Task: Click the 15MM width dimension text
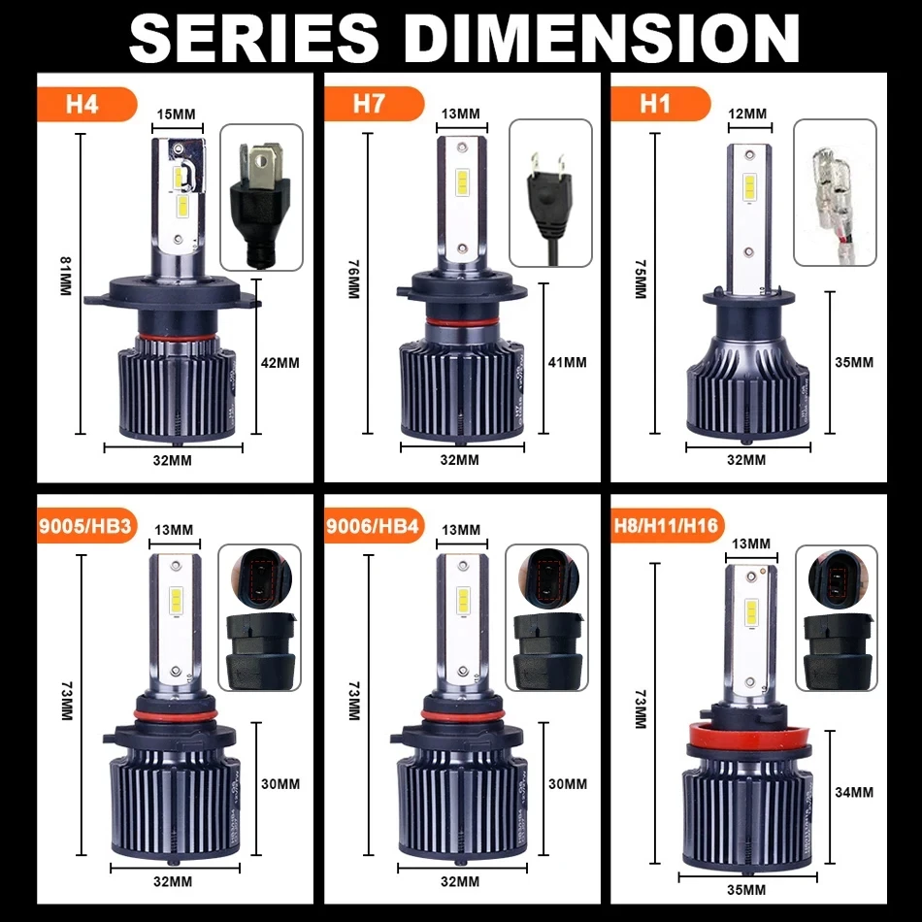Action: click(x=176, y=115)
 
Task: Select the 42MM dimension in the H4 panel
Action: click(x=281, y=363)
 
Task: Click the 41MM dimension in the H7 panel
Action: click(x=568, y=363)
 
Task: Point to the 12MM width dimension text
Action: click(x=747, y=115)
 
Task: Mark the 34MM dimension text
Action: click(x=854, y=792)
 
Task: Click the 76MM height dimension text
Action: click(x=353, y=282)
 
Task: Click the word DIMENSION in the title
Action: click(x=602, y=37)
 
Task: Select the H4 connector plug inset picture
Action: click(x=260, y=197)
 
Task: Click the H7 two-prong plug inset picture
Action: click(x=548, y=193)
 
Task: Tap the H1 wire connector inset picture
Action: click(x=835, y=192)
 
